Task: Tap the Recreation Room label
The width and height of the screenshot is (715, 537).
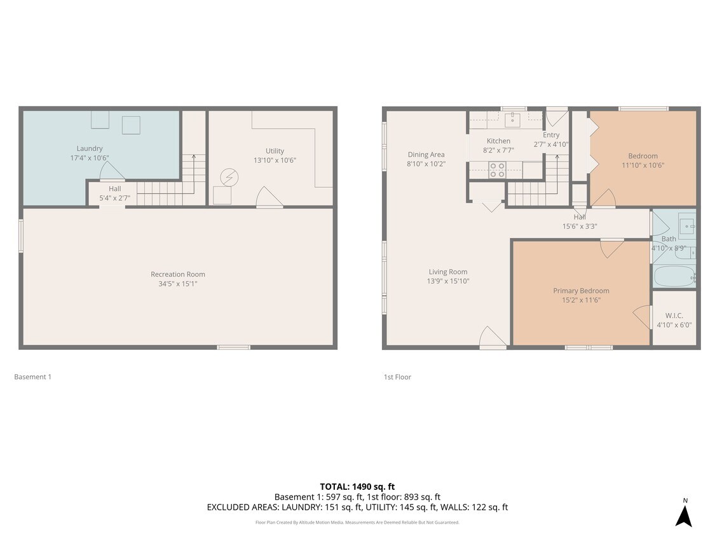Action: (x=178, y=274)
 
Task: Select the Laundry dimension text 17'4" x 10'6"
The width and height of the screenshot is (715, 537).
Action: (x=90, y=157)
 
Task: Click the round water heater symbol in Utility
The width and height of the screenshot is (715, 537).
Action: (x=229, y=178)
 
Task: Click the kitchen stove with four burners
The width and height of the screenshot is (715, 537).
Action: (x=497, y=169)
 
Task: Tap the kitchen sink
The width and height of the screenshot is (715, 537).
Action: (x=512, y=118)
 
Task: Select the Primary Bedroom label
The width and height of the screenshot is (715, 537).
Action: (x=581, y=291)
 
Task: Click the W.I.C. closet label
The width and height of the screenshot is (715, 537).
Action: (x=674, y=316)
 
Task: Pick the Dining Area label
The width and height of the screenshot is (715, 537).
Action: (x=426, y=154)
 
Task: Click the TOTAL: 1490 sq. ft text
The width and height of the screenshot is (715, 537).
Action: (x=357, y=487)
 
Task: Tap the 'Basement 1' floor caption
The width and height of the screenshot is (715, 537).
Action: (x=32, y=377)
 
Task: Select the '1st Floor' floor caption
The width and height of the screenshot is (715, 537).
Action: (x=397, y=377)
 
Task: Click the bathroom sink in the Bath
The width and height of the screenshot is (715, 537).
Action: (x=686, y=225)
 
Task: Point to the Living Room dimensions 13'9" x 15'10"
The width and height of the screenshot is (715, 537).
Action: (x=448, y=281)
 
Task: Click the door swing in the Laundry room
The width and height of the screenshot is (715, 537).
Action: (x=112, y=171)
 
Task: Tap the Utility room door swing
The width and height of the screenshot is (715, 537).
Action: (x=268, y=198)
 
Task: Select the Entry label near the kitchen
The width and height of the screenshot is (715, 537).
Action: (x=551, y=135)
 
